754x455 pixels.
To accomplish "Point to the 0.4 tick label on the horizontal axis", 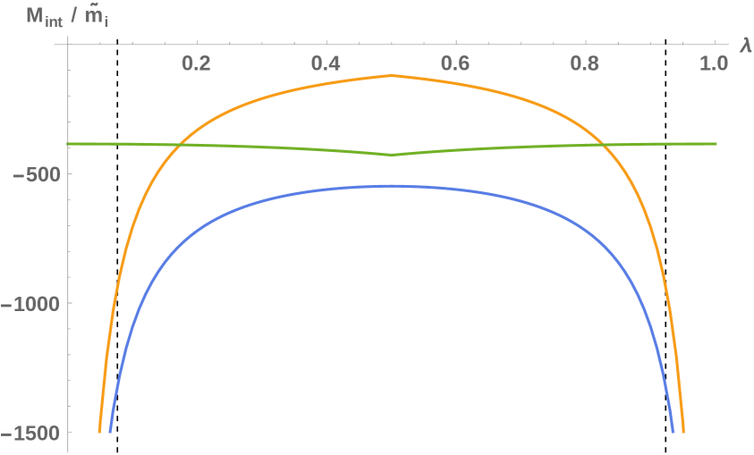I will tap(326, 64).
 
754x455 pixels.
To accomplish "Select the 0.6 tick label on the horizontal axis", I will tap(456, 64).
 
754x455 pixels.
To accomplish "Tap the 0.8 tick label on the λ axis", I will tap(586, 64).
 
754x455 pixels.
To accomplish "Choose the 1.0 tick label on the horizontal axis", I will tap(714, 64).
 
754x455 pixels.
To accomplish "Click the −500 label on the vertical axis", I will tap(34, 173).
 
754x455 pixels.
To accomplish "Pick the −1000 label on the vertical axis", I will tap(30, 303).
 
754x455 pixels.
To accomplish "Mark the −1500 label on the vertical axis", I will tap(30, 433).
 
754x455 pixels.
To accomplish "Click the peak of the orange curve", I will tap(392, 76).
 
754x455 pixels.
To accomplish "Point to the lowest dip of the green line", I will tap(392, 155).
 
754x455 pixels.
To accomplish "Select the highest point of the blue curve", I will tap(392, 186).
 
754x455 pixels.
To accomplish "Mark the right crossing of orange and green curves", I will tap(602, 145).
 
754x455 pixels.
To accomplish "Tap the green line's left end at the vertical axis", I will tap(68, 144).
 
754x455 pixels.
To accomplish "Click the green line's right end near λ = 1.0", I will tap(716, 144).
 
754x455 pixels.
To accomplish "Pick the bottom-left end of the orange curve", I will tap(99, 432).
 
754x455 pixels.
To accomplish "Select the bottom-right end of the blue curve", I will tap(673, 432).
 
